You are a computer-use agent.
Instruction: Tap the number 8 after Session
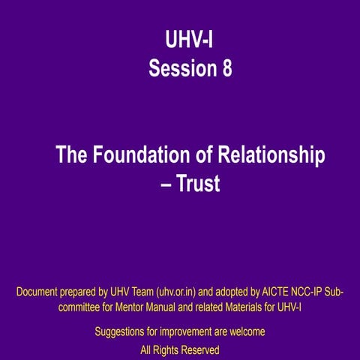tap(226, 69)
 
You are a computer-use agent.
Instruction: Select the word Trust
tap(198, 183)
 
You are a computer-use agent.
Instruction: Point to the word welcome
tap(245, 331)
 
